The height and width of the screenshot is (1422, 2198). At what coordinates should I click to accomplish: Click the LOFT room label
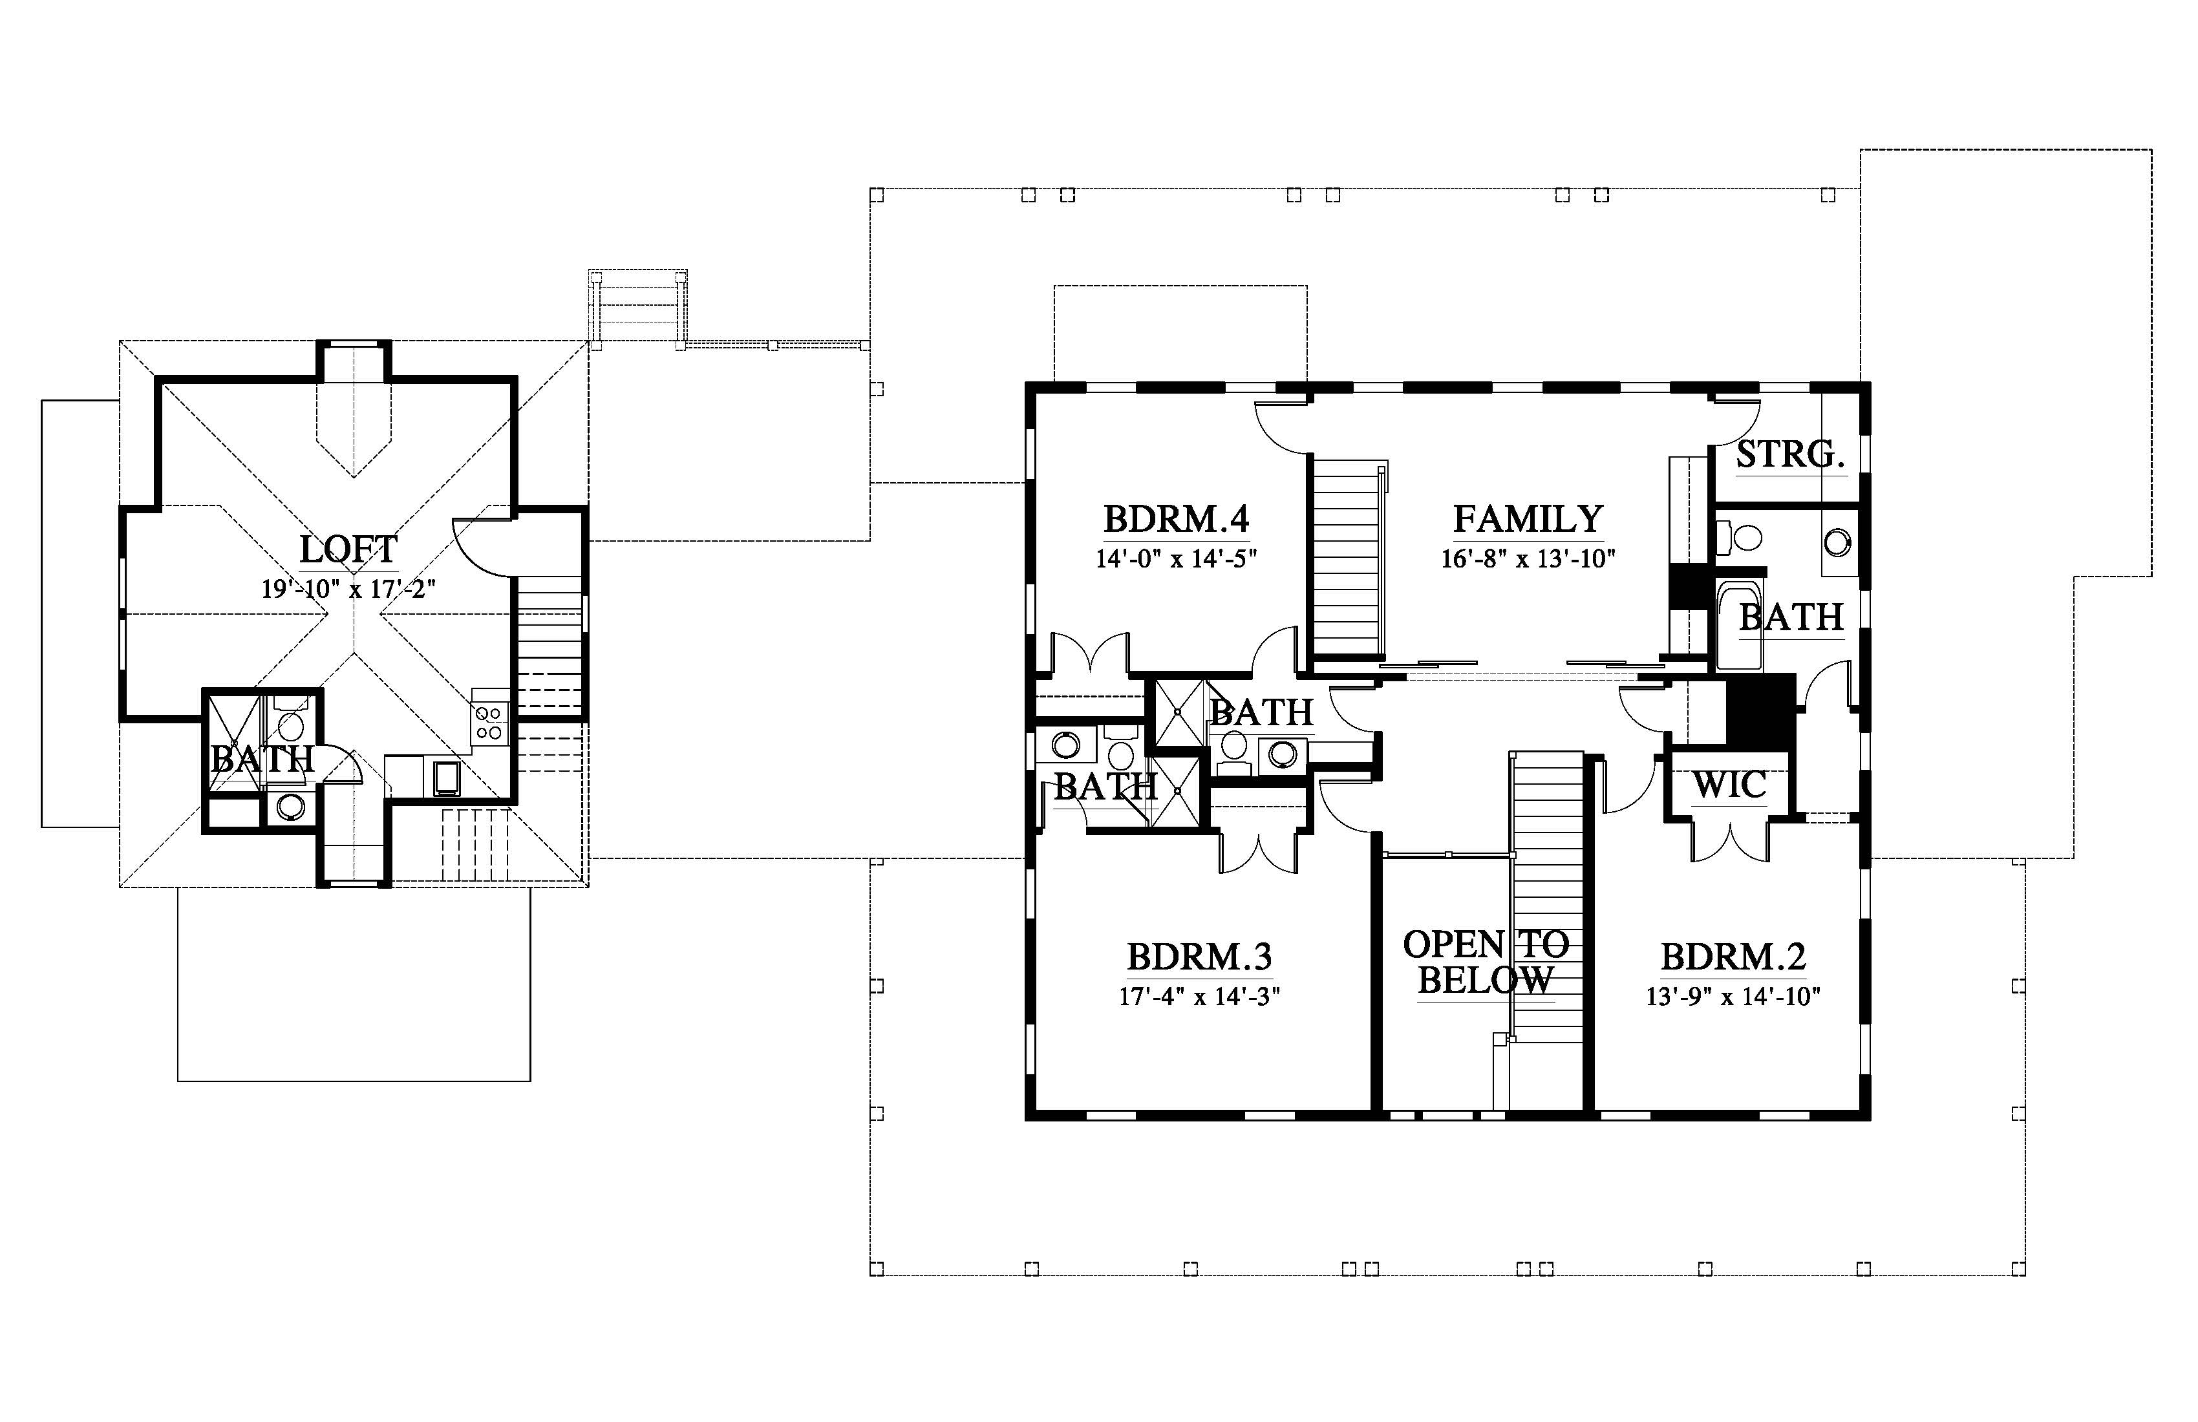click(348, 549)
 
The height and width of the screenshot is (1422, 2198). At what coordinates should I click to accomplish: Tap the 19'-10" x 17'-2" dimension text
click(348, 589)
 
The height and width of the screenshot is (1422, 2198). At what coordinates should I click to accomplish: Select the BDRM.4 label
click(1177, 519)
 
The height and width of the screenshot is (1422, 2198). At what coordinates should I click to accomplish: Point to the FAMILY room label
click(1528, 519)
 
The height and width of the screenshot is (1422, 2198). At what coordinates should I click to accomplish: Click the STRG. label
click(1791, 454)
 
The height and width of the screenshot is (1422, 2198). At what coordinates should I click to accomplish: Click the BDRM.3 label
click(1200, 957)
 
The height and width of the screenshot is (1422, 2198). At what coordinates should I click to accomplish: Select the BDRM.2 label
click(1733, 957)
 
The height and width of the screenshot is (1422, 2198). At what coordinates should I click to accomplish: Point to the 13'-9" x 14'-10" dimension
click(1733, 997)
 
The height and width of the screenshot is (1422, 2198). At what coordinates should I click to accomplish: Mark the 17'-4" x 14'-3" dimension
click(1200, 997)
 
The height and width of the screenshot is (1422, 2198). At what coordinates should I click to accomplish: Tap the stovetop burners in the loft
click(489, 722)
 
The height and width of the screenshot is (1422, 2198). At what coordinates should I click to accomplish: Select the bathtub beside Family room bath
click(1740, 624)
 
